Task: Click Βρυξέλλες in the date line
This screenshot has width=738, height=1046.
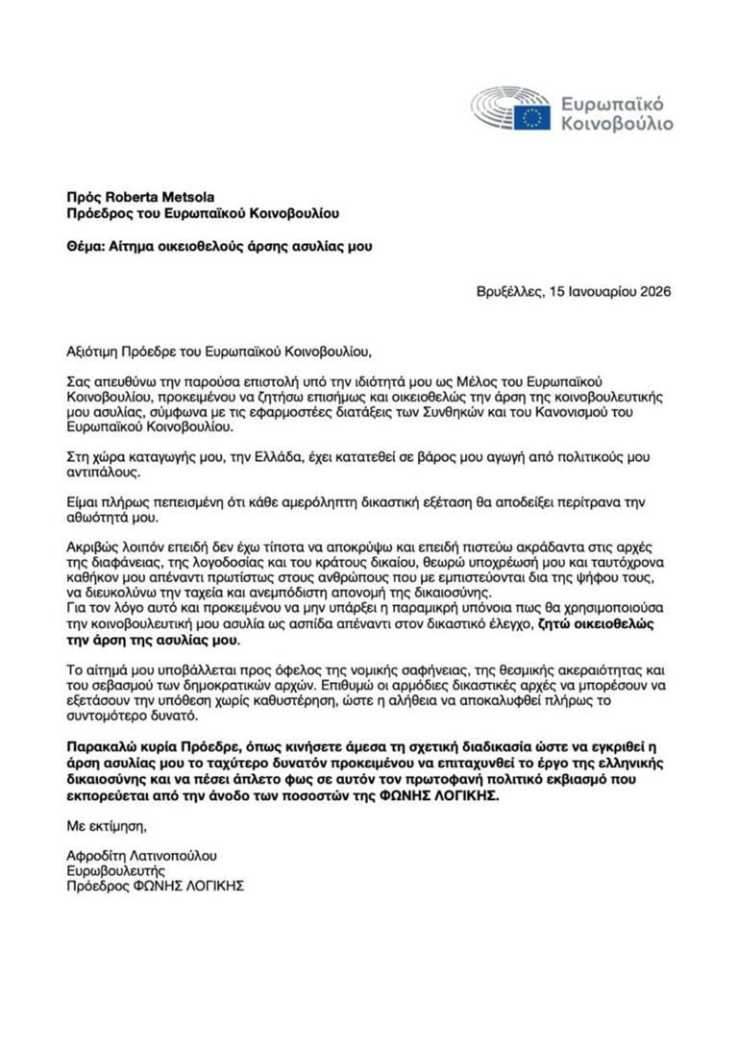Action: click(509, 292)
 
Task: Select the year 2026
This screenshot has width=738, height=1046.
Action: click(653, 292)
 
